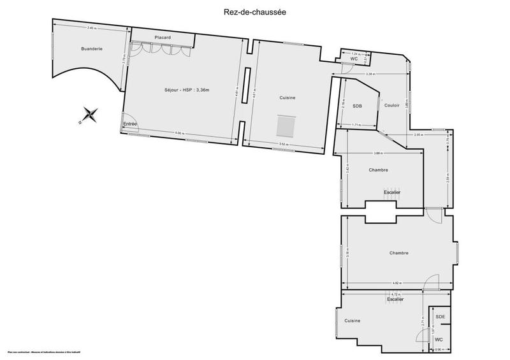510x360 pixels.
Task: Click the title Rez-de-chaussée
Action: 255,10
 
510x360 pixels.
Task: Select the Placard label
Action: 162,38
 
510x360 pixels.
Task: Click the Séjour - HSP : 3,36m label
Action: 182,90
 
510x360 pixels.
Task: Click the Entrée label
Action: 130,124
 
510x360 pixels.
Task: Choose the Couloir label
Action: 391,105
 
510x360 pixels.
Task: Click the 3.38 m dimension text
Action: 370,75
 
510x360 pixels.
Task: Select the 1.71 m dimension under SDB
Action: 358,125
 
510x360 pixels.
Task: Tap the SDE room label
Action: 440,317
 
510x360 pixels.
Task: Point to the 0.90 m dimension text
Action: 439,349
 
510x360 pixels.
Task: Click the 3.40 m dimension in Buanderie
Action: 91,28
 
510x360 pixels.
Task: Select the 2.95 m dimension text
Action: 419,134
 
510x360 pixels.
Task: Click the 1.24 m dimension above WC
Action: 356,54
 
